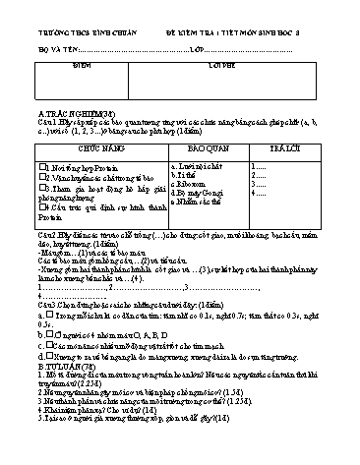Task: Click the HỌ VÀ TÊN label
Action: click(38, 47)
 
